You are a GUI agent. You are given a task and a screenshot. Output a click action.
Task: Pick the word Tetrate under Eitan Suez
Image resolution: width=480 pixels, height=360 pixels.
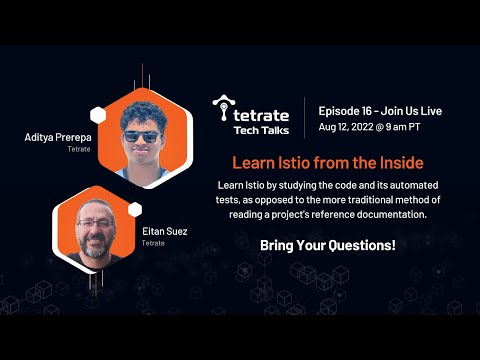(x=153, y=242)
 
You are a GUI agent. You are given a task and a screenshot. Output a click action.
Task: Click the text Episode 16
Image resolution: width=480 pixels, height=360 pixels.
(x=346, y=111)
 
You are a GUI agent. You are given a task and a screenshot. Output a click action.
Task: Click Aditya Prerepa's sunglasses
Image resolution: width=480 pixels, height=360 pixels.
(x=141, y=136)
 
